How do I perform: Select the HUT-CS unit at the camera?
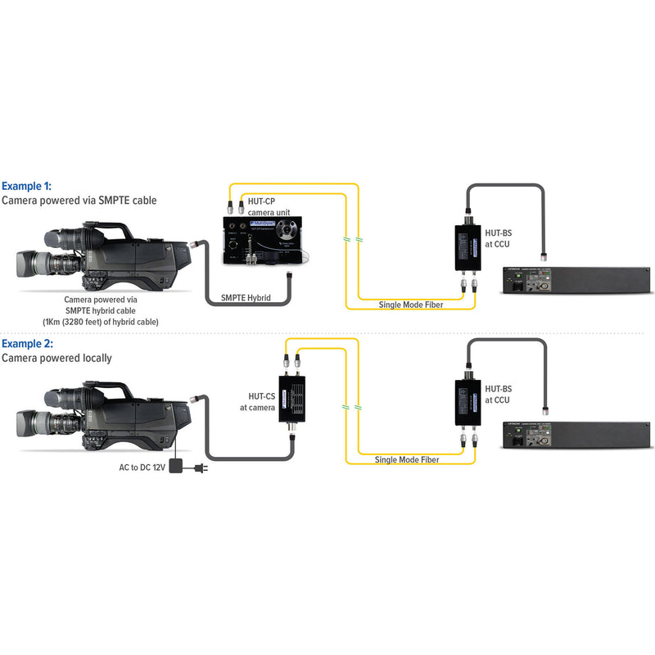click(296, 398)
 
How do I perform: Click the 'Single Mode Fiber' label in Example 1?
click(412, 305)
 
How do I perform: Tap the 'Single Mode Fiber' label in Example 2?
click(407, 460)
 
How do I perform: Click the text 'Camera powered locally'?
click(56, 358)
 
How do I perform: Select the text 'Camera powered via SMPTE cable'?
click(79, 200)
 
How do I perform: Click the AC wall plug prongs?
click(206, 469)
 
